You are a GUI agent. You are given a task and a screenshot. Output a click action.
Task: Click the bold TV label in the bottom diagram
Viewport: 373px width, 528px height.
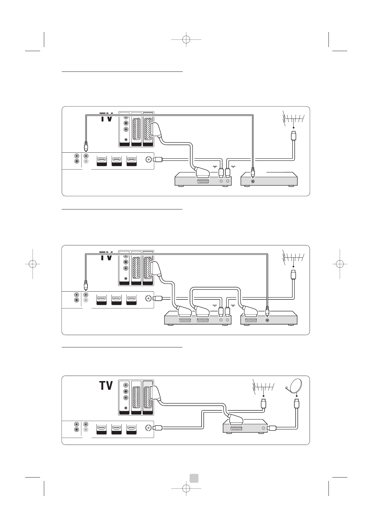106,385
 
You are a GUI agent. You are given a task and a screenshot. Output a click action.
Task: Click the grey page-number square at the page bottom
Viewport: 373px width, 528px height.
194,478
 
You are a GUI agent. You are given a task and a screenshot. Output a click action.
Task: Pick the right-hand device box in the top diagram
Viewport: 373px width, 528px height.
269,180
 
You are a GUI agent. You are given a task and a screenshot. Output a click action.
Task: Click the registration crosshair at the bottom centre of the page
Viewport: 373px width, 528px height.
186,488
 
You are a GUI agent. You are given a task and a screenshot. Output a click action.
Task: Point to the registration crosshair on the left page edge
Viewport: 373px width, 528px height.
33,264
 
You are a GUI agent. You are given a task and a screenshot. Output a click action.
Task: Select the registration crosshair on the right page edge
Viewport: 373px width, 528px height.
340,264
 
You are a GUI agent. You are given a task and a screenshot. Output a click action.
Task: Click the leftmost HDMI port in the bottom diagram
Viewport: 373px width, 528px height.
102,428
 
